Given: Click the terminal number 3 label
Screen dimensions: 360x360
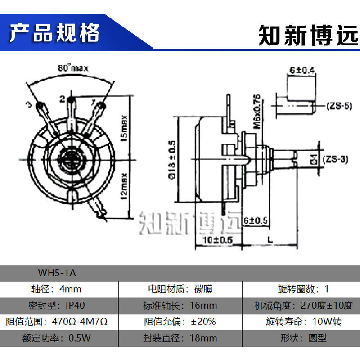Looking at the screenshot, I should click(x=28, y=104).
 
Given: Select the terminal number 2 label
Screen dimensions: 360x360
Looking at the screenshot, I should click(x=62, y=99).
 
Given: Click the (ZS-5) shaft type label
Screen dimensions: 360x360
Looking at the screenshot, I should click(x=338, y=107).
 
